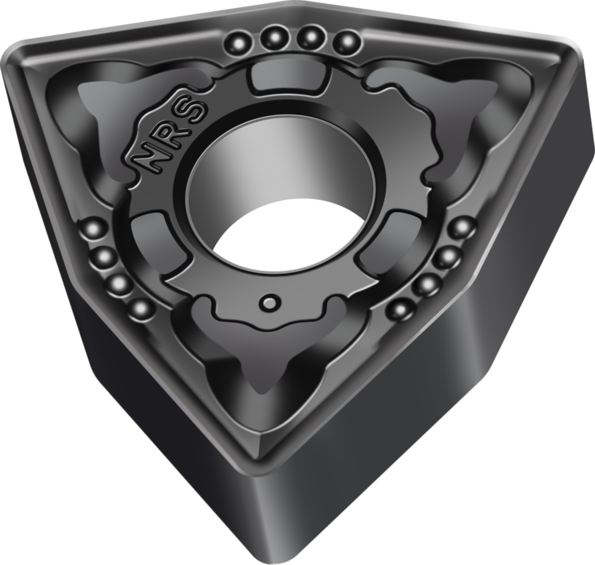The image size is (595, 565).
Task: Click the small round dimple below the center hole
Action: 270,303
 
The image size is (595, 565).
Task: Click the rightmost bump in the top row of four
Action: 346,42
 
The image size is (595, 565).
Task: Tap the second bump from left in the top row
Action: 274,37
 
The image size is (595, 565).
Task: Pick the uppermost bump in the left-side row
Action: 93,229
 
